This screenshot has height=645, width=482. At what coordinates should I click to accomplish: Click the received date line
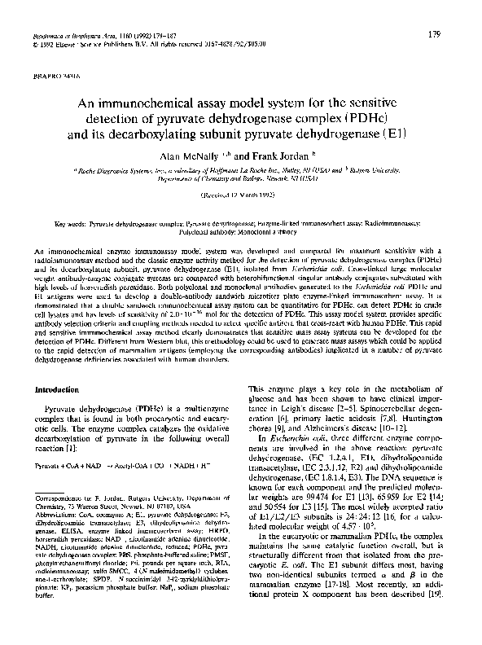[240, 196]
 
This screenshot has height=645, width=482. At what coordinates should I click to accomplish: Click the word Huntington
[419, 422]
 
